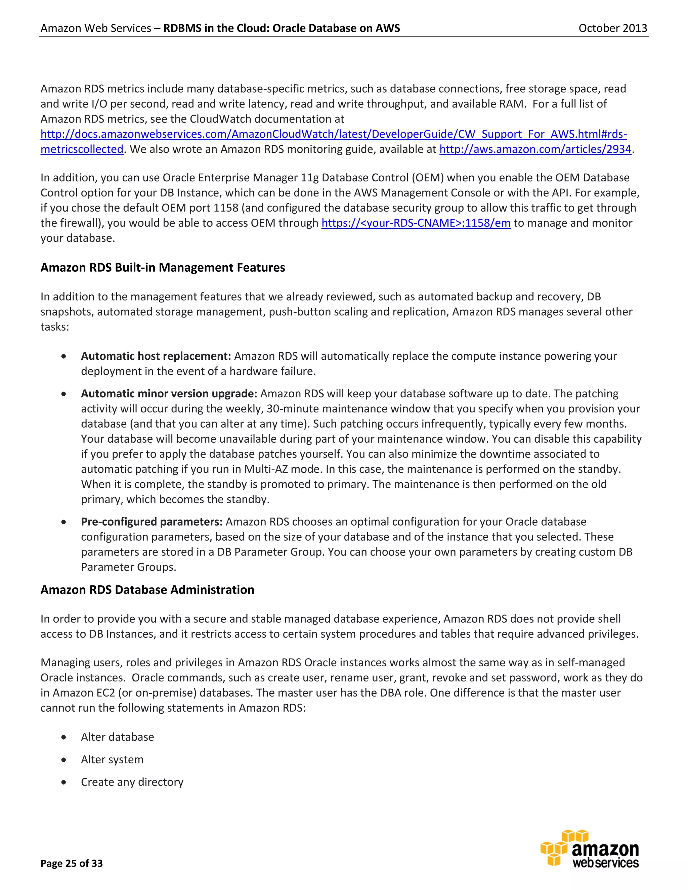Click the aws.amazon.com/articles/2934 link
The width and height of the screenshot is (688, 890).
(x=535, y=149)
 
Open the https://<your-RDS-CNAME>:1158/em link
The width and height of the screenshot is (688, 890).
(x=416, y=223)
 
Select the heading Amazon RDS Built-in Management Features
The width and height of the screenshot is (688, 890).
(x=163, y=267)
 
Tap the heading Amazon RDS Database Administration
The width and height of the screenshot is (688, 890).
(x=147, y=590)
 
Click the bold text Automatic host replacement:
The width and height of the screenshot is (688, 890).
(x=156, y=356)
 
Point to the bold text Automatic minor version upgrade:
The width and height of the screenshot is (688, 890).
(x=169, y=394)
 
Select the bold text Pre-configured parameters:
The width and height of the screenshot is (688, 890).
(x=152, y=522)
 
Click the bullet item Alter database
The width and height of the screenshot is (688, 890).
(x=117, y=737)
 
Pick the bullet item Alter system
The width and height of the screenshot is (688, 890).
(x=112, y=759)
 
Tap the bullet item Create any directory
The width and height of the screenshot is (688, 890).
(x=132, y=782)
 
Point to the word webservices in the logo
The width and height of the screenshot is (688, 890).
(x=605, y=863)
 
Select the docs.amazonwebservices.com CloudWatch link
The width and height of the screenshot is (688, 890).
(x=333, y=134)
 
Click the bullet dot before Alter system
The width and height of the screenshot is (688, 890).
(x=63, y=760)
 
